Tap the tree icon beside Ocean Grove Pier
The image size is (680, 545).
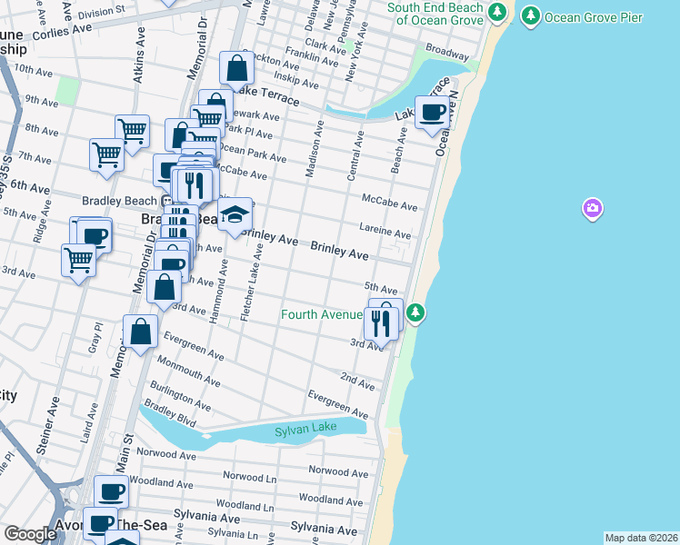[x=529, y=16]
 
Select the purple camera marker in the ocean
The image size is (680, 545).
[x=593, y=210]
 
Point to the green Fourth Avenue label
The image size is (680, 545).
[x=321, y=315]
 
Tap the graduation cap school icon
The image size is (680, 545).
[x=235, y=214]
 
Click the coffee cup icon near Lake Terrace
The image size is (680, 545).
[x=433, y=112]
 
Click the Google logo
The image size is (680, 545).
[x=30, y=534]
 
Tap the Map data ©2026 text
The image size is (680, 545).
[x=641, y=538]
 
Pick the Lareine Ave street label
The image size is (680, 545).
[x=386, y=233]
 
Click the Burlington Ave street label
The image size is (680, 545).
[x=185, y=398]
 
